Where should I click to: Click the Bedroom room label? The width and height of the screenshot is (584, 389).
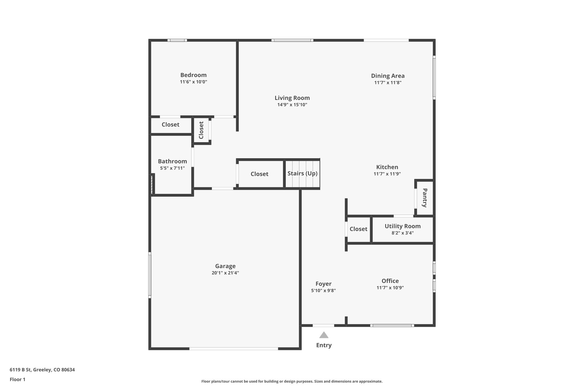coord(193,75)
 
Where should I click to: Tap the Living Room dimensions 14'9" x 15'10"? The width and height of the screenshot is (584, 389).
coord(292,105)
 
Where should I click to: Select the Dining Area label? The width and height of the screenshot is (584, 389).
coord(388,76)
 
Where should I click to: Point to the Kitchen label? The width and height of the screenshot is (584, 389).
coord(387,167)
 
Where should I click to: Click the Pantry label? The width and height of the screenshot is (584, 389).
coord(425,198)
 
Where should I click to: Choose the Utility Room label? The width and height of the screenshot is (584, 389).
coord(402,226)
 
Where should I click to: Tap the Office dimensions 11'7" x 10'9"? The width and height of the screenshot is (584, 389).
coord(390,288)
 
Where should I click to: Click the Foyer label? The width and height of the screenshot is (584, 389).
coord(323,284)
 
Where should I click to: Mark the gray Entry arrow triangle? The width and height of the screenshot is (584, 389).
coord(324,335)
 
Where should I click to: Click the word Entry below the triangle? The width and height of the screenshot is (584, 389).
coord(324,345)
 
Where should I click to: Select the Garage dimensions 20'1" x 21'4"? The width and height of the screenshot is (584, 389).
coord(225,273)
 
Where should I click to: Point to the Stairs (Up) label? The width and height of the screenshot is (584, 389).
coord(302,174)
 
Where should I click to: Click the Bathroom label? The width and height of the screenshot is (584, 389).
coord(172,161)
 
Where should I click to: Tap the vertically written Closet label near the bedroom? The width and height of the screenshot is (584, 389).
coord(201,130)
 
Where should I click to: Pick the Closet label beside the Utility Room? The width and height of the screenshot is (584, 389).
coord(358,229)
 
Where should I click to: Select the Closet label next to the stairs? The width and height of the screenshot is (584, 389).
coord(259,174)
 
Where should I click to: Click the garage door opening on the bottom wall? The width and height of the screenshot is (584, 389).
coord(234,349)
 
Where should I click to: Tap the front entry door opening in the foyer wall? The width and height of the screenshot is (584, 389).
coord(323,325)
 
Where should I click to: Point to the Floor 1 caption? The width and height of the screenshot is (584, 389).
coord(17,379)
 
